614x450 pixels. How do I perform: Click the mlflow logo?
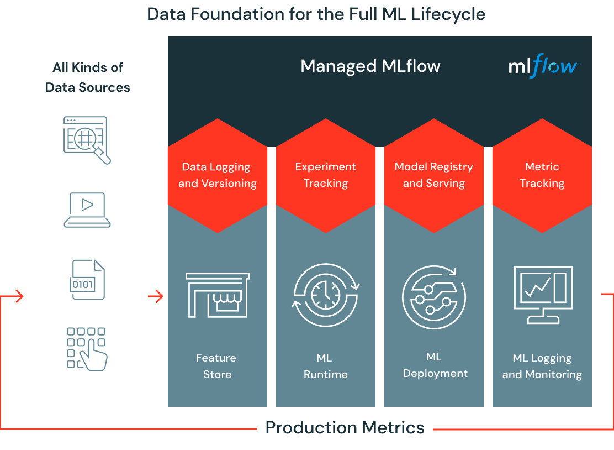click(x=543, y=67)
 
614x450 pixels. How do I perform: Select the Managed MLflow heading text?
click(x=370, y=66)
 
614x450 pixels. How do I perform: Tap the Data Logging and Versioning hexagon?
click(x=218, y=175)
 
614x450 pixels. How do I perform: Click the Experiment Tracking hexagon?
click(x=326, y=175)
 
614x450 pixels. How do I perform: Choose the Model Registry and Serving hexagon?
click(x=434, y=175)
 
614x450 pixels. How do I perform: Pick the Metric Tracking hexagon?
click(x=542, y=175)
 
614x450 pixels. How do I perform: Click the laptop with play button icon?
click(x=87, y=210)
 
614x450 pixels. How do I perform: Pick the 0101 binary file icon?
click(x=87, y=280)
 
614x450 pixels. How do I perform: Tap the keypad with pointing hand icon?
click(x=87, y=348)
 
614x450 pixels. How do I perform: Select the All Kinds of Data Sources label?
click(x=87, y=77)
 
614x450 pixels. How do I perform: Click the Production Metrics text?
click(x=345, y=427)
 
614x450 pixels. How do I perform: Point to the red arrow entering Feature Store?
click(x=156, y=297)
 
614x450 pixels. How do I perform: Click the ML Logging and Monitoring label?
click(x=542, y=366)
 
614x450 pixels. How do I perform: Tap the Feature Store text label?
click(x=216, y=366)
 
